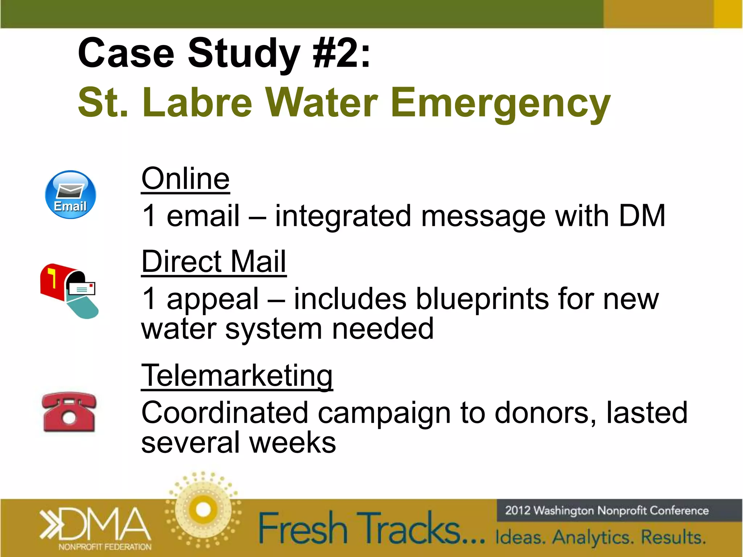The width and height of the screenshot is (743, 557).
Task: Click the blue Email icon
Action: tap(70, 195)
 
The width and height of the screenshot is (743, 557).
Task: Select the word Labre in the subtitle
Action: tap(197, 103)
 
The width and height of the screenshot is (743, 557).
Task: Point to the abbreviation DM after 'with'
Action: tap(642, 216)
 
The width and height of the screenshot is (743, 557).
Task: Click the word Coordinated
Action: tap(225, 413)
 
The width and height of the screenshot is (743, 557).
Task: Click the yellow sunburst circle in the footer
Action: tap(203, 510)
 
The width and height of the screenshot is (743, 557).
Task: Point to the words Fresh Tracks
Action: tap(370, 528)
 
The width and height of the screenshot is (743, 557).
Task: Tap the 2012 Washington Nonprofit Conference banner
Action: tap(607, 511)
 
